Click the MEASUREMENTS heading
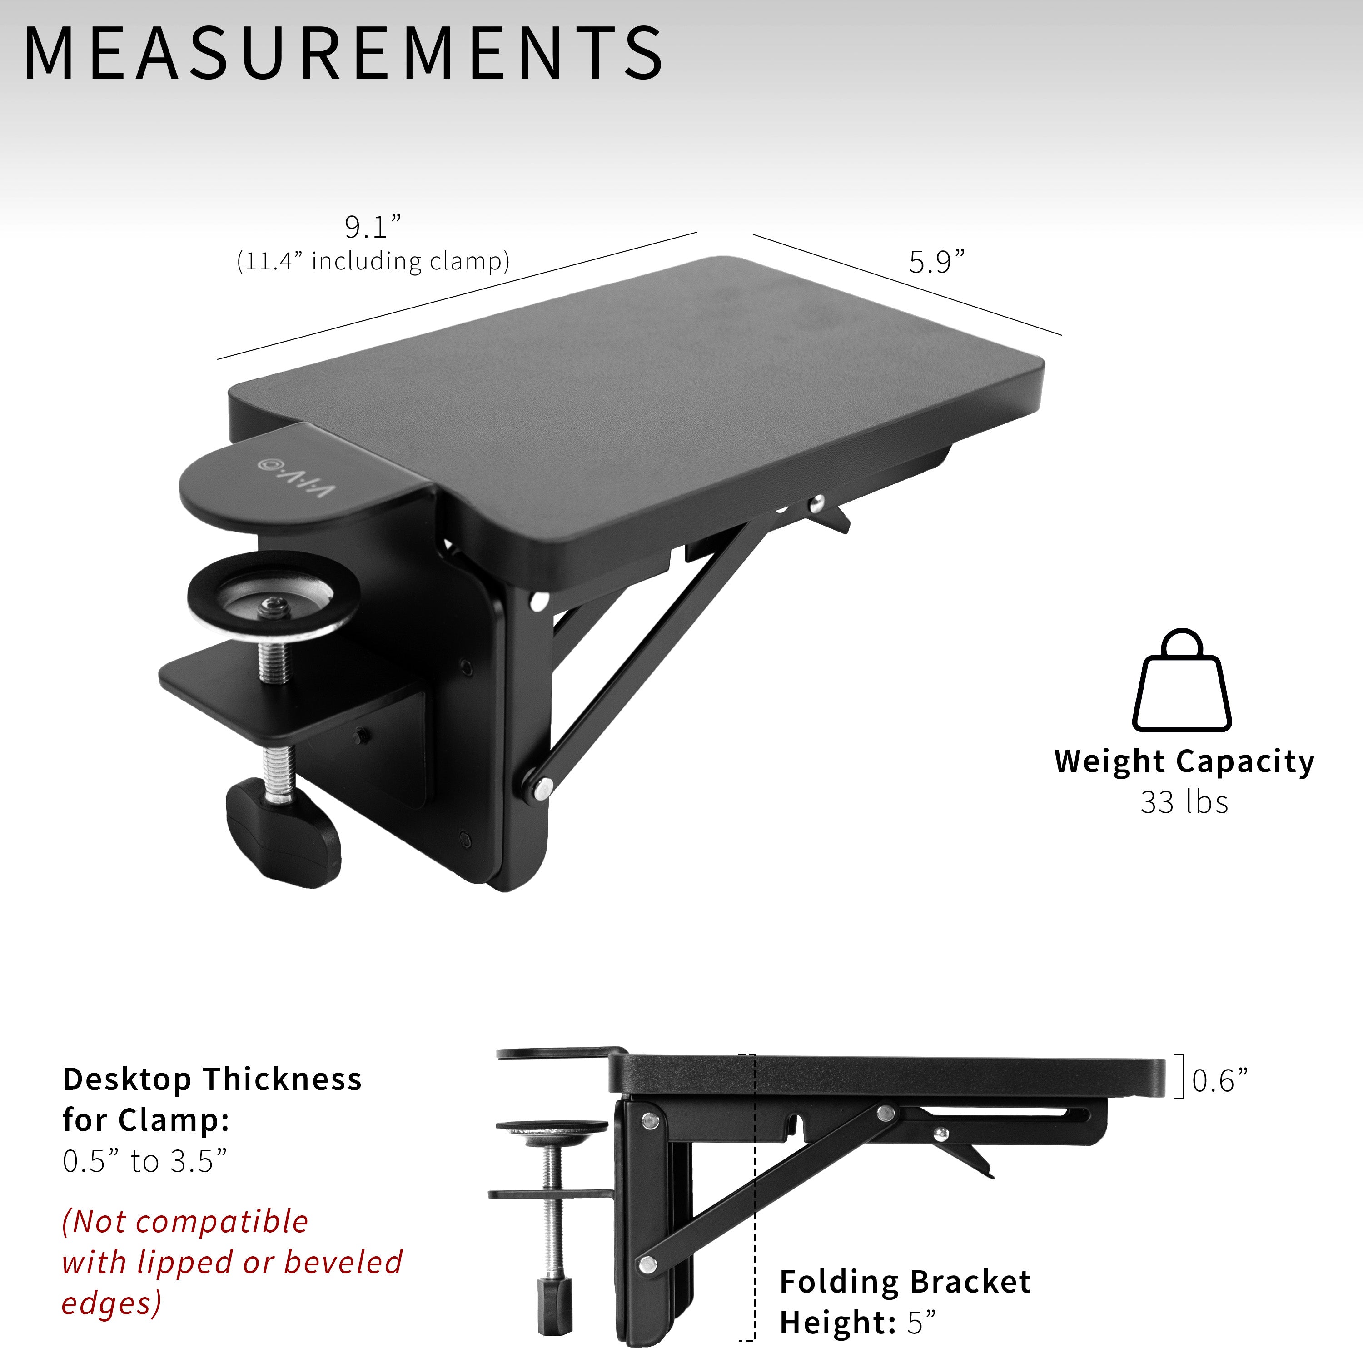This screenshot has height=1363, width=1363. pos(343,52)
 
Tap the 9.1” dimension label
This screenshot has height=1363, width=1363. pos(373,227)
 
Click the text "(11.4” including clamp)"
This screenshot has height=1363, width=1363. pos(373,261)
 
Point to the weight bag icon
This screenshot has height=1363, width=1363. pos(1182,680)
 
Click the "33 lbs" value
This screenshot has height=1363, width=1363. pos(1184,802)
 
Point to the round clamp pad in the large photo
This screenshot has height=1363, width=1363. pos(274,596)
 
